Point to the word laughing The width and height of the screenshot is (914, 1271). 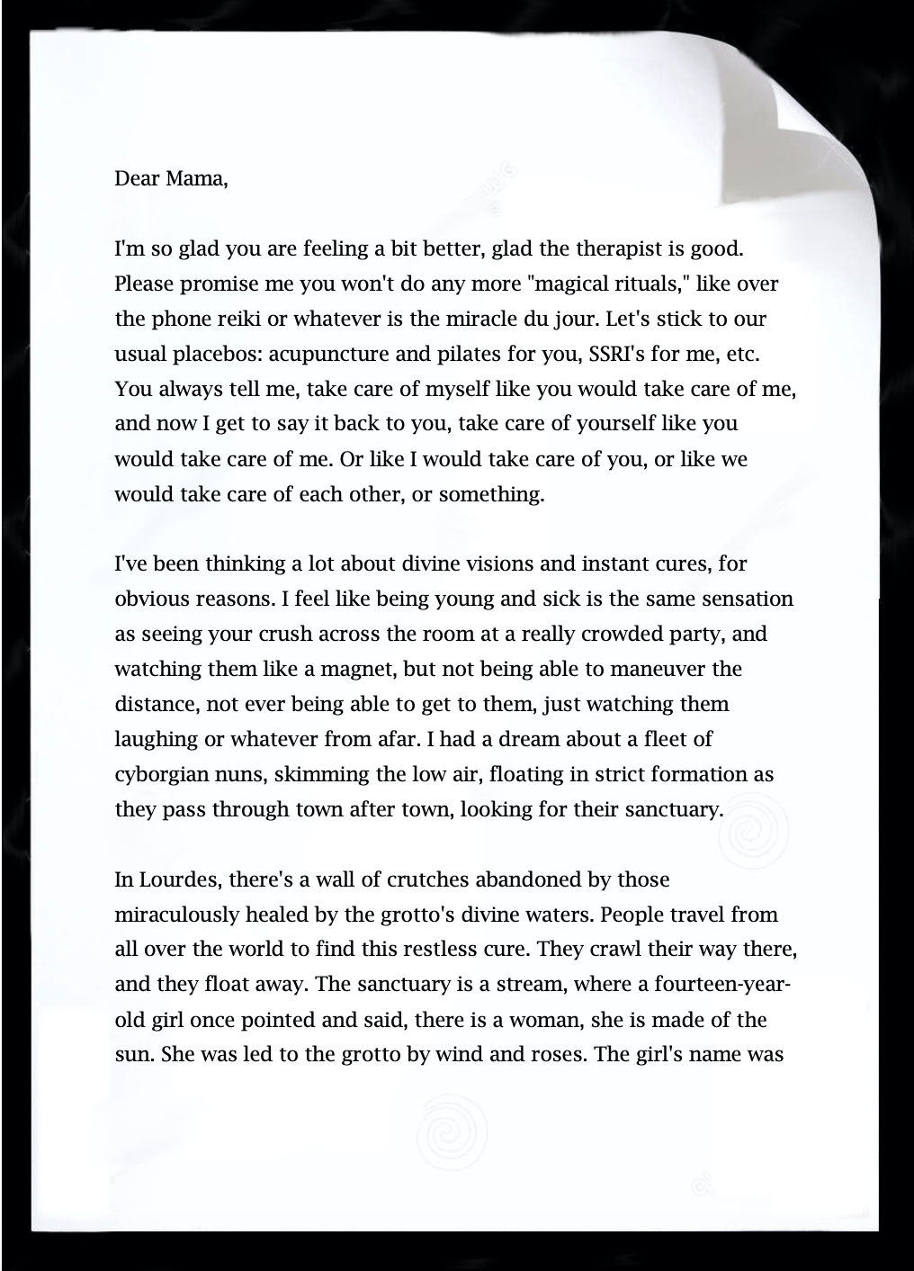point(157,740)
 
